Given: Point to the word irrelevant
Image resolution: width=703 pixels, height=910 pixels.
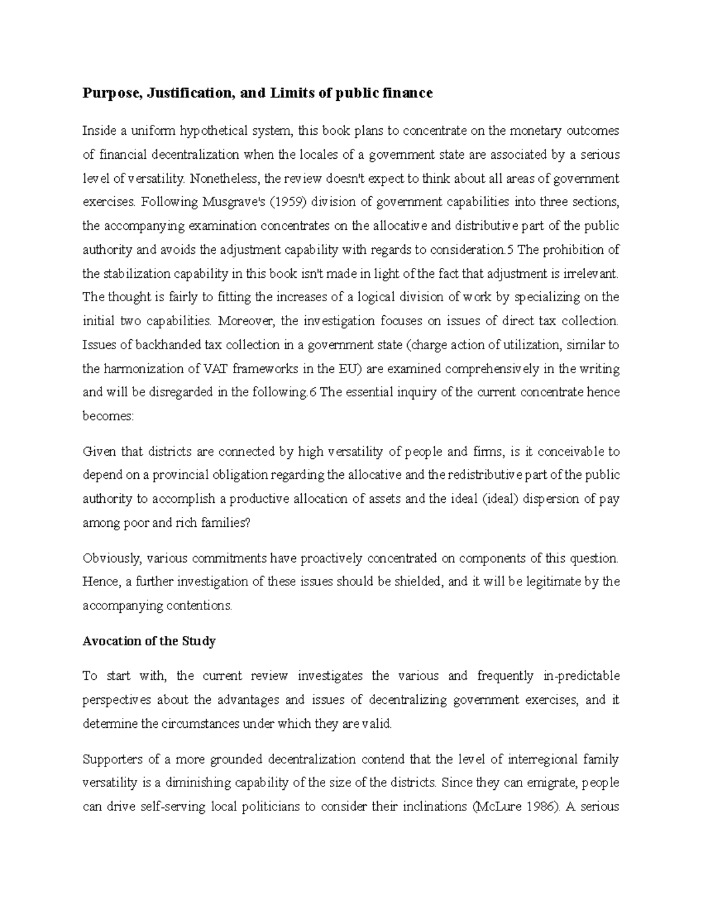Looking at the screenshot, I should tap(592, 274).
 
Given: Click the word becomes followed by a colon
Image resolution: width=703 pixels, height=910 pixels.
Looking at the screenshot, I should tap(108, 417).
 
